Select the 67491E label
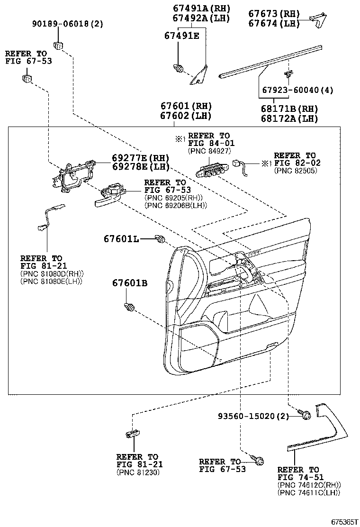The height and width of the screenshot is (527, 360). coord(182,36)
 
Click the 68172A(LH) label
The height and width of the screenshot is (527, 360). coord(290,118)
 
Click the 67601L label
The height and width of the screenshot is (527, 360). coord(121,239)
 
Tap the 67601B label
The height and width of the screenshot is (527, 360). coord(130,283)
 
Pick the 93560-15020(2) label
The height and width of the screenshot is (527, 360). coord(253,416)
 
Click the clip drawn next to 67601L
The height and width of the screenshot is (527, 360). coord(161,240)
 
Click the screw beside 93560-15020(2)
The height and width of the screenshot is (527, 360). coord(306,415)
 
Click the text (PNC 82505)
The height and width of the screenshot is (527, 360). coord(296,170)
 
